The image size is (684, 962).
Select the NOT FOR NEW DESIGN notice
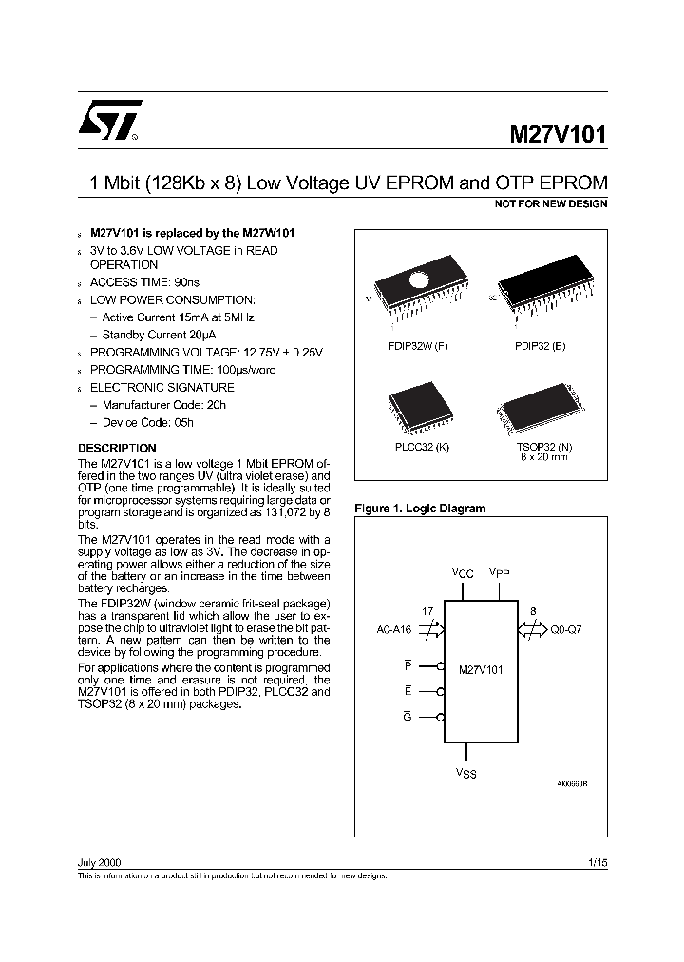click(x=551, y=204)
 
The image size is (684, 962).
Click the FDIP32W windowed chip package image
click(x=417, y=286)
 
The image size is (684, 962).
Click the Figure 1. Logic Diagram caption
click(x=419, y=509)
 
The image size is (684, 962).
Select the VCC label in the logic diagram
click(x=462, y=573)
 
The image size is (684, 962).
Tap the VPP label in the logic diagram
click(x=500, y=573)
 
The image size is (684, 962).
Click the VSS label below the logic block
click(x=465, y=774)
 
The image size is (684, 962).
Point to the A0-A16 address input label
click(x=394, y=629)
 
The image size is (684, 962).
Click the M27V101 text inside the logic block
click(x=481, y=670)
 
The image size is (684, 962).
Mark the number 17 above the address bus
click(x=427, y=613)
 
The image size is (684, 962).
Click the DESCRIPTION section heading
click(x=117, y=448)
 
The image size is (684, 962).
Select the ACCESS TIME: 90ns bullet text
click(x=144, y=282)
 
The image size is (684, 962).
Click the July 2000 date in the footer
click(x=99, y=861)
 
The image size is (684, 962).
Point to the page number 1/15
click(x=597, y=861)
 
